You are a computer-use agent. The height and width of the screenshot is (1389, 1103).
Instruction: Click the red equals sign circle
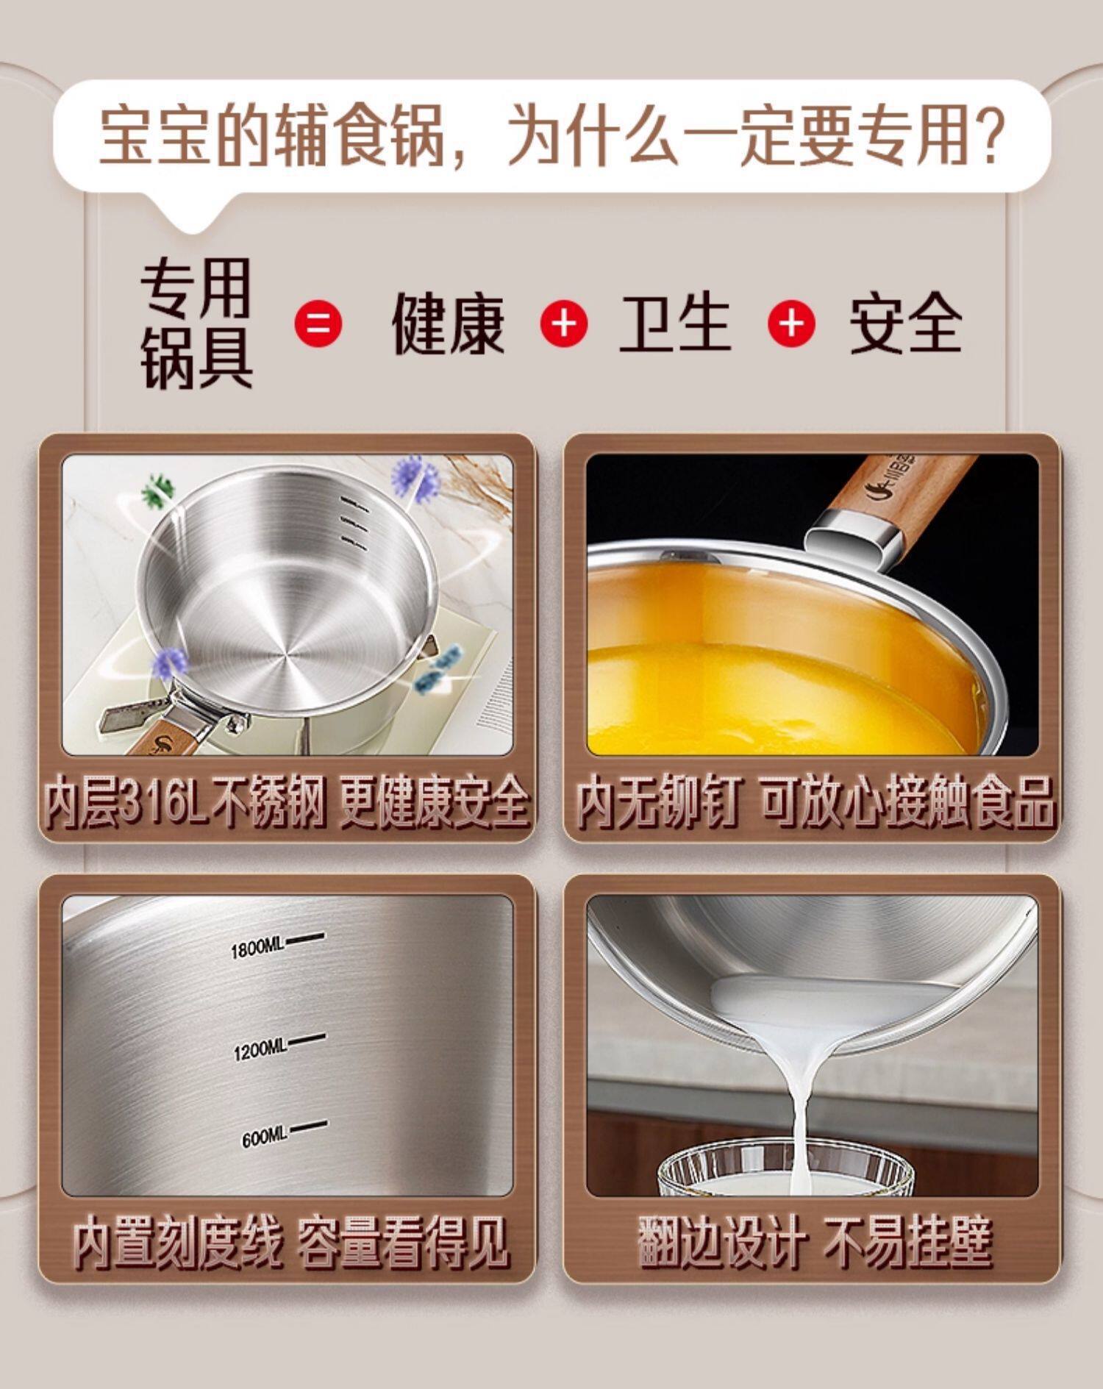click(318, 323)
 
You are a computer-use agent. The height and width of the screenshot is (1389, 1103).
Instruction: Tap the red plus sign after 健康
click(564, 323)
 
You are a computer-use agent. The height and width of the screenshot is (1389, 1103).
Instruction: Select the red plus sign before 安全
click(791, 323)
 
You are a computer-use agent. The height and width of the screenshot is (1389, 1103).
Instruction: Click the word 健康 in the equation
click(448, 323)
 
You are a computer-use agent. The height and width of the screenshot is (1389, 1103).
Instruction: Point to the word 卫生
click(675, 323)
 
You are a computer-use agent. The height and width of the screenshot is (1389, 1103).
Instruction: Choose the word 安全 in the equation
click(905, 323)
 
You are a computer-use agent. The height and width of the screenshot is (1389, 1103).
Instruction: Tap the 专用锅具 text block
click(196, 323)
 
